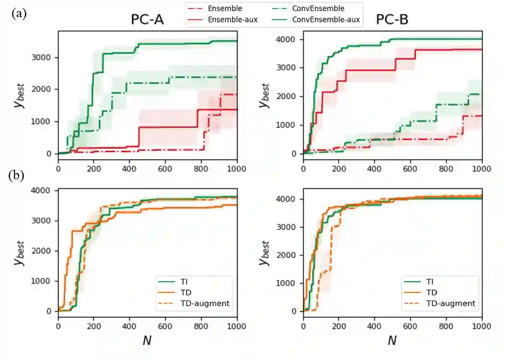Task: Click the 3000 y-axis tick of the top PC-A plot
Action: (x=46, y=58)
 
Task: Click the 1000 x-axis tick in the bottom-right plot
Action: (x=482, y=326)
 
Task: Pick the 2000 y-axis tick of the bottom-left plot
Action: (x=46, y=251)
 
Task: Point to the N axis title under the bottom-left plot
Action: (x=148, y=341)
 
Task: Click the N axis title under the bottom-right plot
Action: (x=392, y=341)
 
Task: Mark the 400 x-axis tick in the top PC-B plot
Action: (x=375, y=169)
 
